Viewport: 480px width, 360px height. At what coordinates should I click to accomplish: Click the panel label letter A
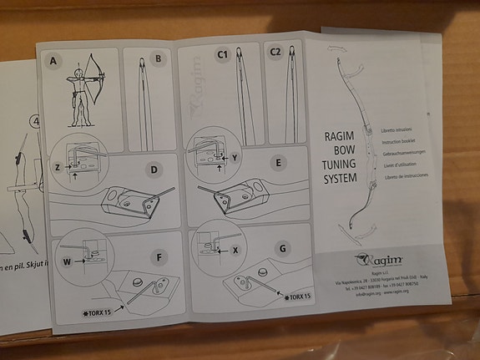pos(53,62)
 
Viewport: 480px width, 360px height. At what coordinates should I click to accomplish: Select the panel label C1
pos(222,54)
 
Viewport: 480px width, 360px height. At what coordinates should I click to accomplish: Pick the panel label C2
pos(275,52)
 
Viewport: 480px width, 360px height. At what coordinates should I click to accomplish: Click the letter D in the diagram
pos(154,170)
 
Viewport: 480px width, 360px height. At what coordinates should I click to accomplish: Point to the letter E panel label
pos(276,162)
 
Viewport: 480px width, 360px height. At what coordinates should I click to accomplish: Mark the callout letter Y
pos(235,157)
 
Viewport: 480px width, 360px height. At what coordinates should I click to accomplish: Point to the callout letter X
pos(235,250)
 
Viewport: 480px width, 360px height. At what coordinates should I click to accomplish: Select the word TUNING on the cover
pos(340,165)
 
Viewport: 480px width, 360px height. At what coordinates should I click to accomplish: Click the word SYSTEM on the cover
pos(340,178)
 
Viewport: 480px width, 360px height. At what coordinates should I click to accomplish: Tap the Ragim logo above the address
pos(373,260)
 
